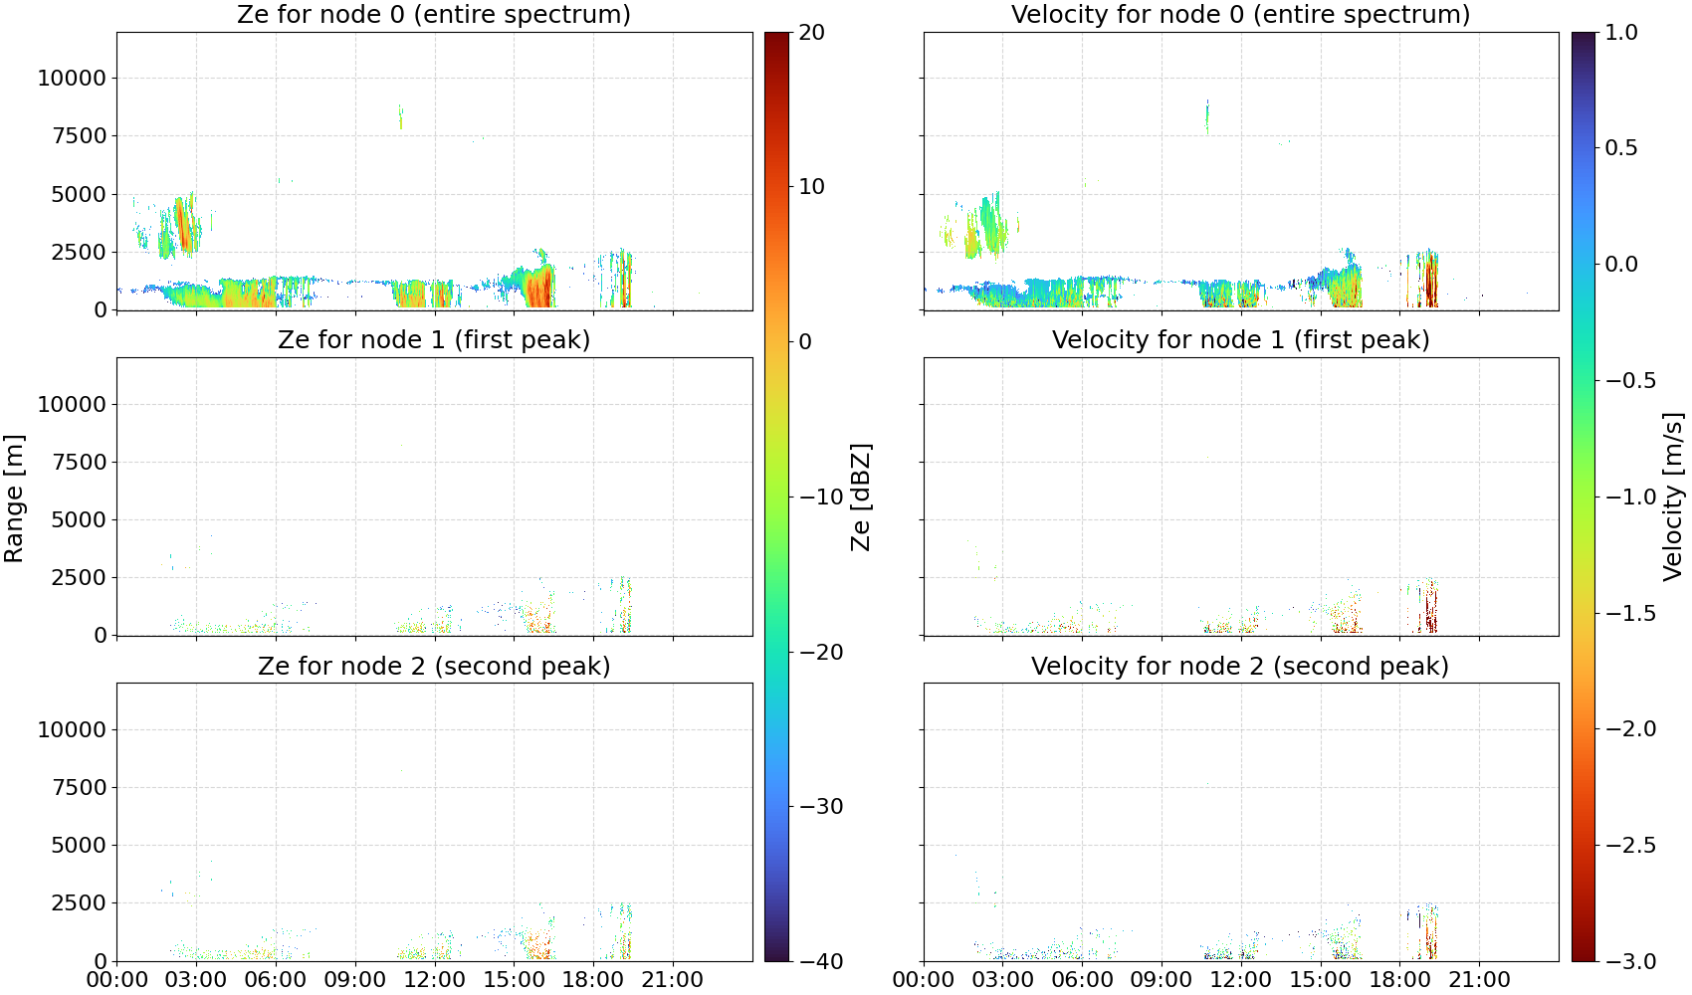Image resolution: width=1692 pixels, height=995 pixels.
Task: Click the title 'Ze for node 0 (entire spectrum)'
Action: pyautogui.click(x=434, y=14)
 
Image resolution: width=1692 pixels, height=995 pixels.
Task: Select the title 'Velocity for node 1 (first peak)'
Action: pyautogui.click(x=1241, y=339)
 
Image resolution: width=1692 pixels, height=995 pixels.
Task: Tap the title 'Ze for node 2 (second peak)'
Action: pyautogui.click(x=434, y=666)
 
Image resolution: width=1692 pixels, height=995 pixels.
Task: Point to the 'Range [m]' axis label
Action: pyautogui.click(x=14, y=498)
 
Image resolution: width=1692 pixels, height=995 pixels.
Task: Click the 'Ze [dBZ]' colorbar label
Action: pyautogui.click(x=860, y=497)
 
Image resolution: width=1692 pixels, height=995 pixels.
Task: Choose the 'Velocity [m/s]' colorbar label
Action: pyautogui.click(x=1674, y=497)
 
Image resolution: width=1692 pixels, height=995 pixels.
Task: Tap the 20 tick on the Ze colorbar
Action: pyautogui.click(x=811, y=33)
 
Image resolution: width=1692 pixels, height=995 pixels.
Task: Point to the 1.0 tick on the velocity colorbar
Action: pyautogui.click(x=1621, y=33)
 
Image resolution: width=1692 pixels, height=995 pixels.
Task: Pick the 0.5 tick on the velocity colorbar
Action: pyautogui.click(x=1621, y=148)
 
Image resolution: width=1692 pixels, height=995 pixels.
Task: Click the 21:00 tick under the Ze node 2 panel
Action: pyautogui.click(x=672, y=979)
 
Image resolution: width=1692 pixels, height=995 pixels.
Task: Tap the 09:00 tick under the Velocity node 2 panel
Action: pyautogui.click(x=1162, y=979)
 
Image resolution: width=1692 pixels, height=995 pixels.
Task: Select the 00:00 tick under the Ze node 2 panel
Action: pyautogui.click(x=117, y=979)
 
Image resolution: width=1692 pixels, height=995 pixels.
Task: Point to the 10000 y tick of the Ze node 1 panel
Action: pyautogui.click(x=73, y=404)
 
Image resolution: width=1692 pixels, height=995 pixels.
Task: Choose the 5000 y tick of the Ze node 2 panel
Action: pyautogui.click(x=80, y=845)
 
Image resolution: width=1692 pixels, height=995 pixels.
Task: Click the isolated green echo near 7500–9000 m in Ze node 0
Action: pyautogui.click(x=400, y=117)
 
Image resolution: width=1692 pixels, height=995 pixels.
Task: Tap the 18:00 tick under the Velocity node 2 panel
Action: pyautogui.click(x=1399, y=979)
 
